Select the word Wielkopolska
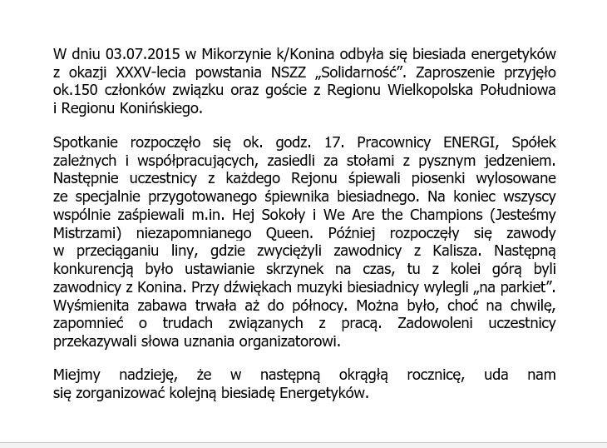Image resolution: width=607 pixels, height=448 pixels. (x=450, y=90)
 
